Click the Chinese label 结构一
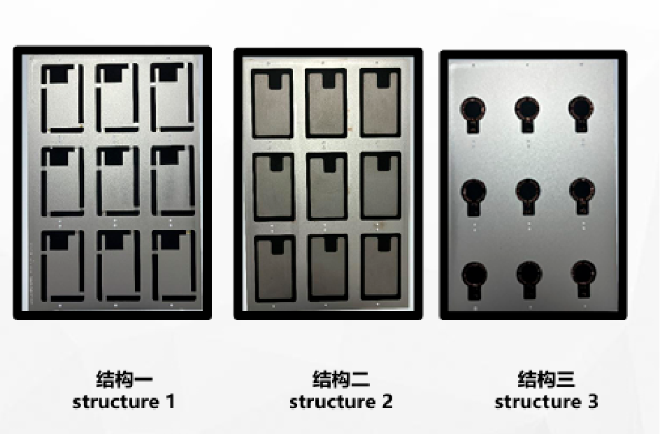pos(124,379)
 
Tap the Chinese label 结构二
pos(341,379)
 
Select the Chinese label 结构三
pos(546,379)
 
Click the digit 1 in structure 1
pos(170,402)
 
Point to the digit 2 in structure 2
pos(387,402)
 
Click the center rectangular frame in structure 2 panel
pos(307,187)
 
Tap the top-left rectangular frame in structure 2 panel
pos(252,103)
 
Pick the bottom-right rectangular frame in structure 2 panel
pos(361,267)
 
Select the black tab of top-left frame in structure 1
pos(59,73)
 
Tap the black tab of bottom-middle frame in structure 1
pos(115,240)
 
